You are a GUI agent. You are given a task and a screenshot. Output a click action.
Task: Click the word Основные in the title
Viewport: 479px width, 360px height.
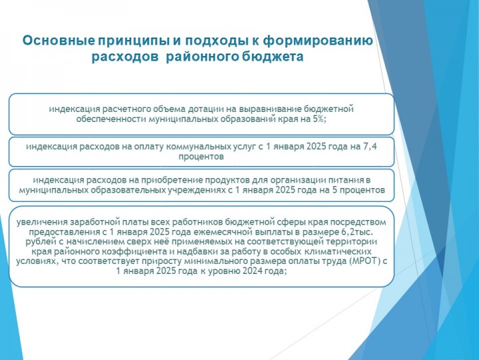59,41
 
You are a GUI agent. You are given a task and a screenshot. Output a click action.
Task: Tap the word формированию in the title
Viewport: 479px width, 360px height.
318,41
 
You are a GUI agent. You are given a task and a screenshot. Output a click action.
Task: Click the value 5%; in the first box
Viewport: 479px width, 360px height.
319,119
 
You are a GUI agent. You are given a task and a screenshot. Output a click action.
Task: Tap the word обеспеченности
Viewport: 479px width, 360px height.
111,119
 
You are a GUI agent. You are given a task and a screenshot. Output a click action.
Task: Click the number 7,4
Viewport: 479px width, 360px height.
369,147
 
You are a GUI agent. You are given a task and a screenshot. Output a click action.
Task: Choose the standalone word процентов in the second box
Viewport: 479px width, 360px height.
201,157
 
